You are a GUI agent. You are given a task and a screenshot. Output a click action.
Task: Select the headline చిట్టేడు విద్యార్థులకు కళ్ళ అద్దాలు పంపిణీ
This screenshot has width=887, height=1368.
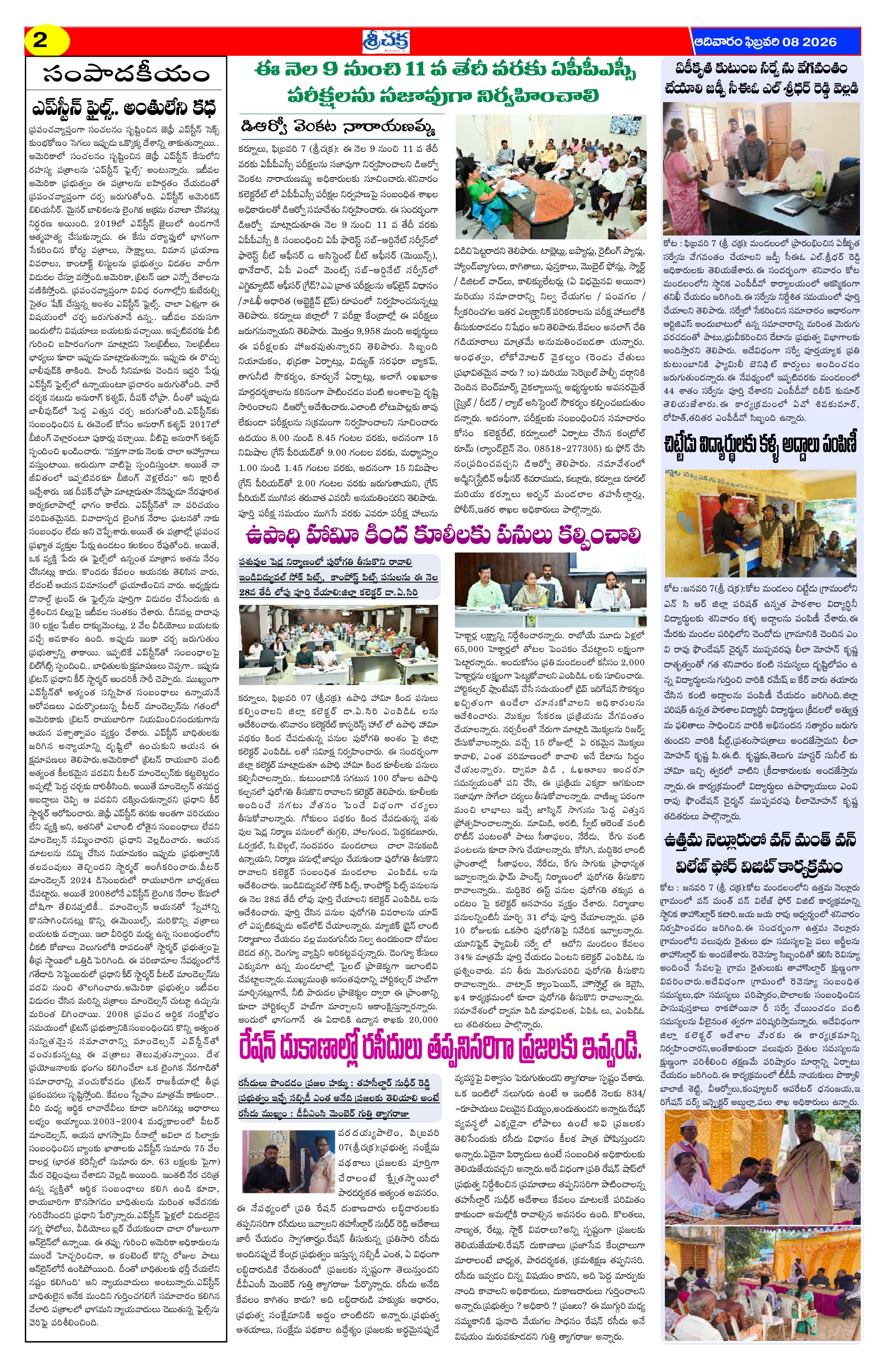[x=761, y=445]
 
